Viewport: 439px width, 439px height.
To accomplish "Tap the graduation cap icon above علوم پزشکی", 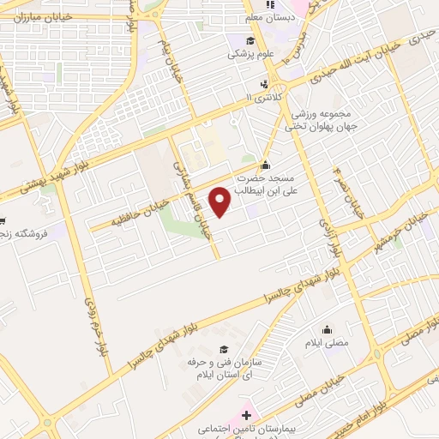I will point(250,40).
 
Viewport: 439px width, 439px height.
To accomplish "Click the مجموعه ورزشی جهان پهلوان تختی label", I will point(319,120).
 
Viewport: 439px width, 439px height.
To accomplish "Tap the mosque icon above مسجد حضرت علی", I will point(265,165).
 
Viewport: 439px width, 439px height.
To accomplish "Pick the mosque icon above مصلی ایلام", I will point(326,329).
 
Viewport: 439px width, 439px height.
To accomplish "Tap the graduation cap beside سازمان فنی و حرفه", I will point(224,350).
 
